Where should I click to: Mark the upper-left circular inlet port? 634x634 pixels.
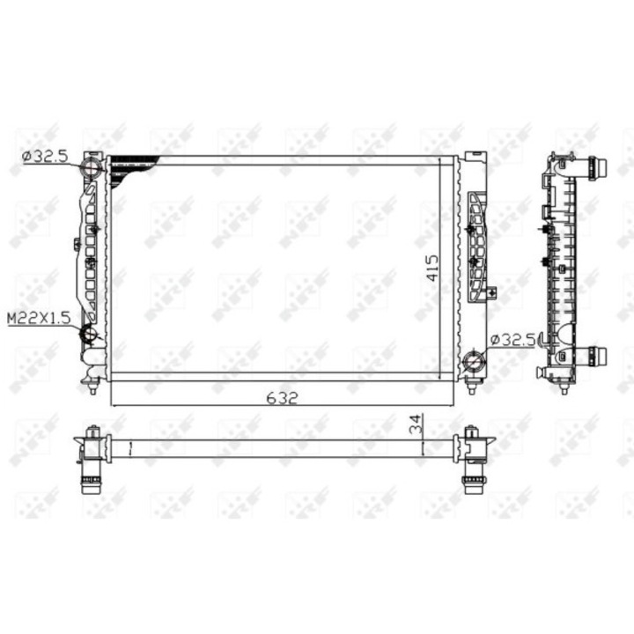point(90,168)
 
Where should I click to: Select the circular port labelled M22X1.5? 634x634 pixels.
point(89,335)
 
